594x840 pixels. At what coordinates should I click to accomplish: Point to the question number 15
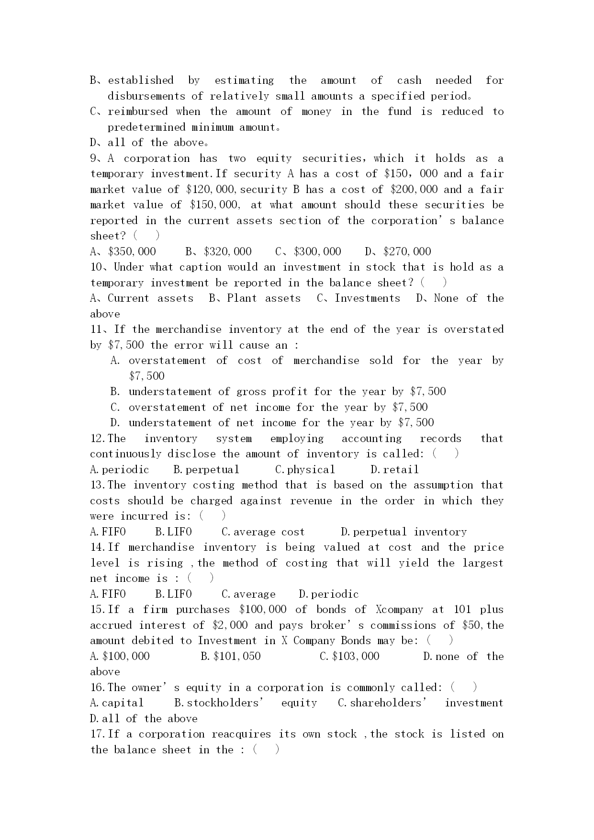point(97,610)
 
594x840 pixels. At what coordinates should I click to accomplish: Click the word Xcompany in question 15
point(399,610)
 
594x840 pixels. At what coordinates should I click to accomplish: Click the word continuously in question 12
point(125,454)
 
